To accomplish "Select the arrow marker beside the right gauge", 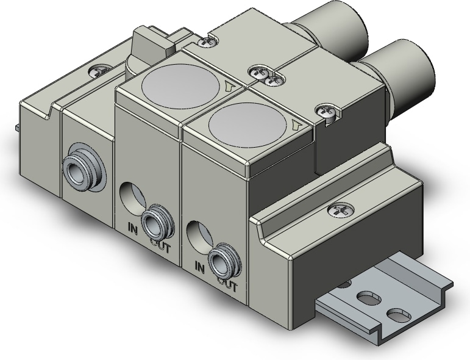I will [x=296, y=126].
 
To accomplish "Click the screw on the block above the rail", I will [x=339, y=210].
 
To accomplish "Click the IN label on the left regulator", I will [x=133, y=229].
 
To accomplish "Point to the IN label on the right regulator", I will [x=198, y=267].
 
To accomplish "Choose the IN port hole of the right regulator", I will [x=198, y=235].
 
